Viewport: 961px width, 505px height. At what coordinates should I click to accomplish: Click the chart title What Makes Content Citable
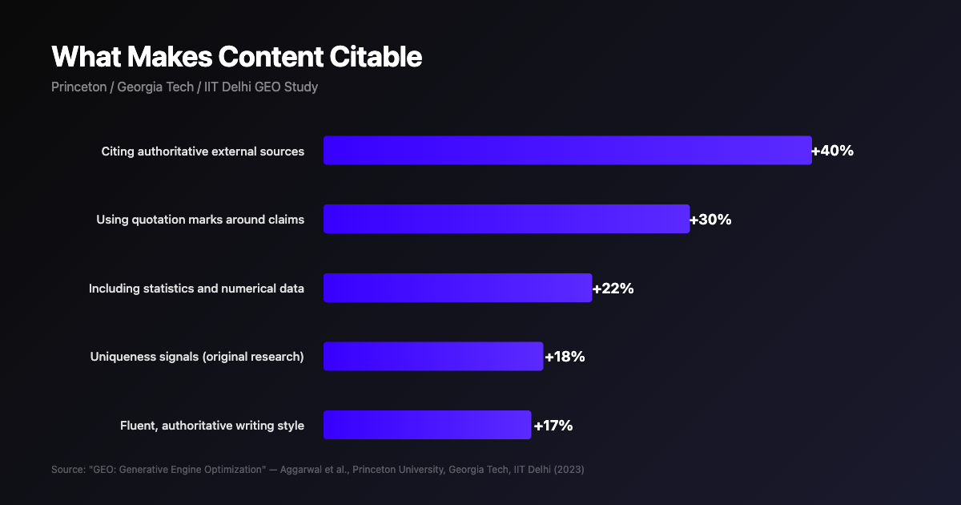236,57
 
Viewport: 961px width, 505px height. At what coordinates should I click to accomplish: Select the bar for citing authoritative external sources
567,151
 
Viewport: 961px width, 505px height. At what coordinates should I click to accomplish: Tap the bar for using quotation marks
506,219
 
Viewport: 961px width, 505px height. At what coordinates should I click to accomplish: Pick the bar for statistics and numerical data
457,288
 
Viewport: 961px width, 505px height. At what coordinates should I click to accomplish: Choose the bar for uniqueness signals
433,357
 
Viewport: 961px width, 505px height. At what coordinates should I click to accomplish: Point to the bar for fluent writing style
427,425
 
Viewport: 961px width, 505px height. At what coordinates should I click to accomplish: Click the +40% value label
833,151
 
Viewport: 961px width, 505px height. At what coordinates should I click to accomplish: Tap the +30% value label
710,220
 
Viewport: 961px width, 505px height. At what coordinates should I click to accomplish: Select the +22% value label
613,289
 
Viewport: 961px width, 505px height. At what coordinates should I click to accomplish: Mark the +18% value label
565,357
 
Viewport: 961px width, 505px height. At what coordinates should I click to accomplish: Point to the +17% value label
553,426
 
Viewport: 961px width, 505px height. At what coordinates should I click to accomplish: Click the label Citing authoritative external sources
203,151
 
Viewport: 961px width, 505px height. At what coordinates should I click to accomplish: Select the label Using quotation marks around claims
200,220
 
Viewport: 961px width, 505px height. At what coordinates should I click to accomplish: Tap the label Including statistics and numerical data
196,289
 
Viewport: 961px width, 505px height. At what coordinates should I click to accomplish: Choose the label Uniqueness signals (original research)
197,357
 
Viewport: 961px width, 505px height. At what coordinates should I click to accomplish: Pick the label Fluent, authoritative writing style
212,426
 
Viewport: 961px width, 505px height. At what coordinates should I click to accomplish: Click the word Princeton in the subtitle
78,87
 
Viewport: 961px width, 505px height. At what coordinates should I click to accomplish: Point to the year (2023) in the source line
568,469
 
